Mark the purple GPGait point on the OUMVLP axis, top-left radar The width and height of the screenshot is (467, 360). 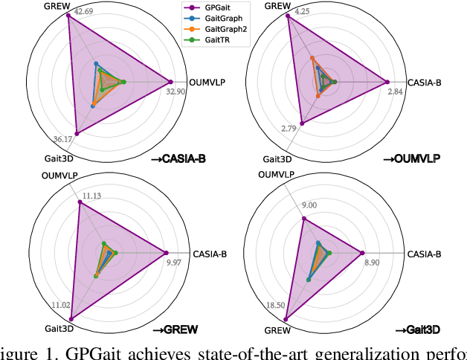click(171, 82)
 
